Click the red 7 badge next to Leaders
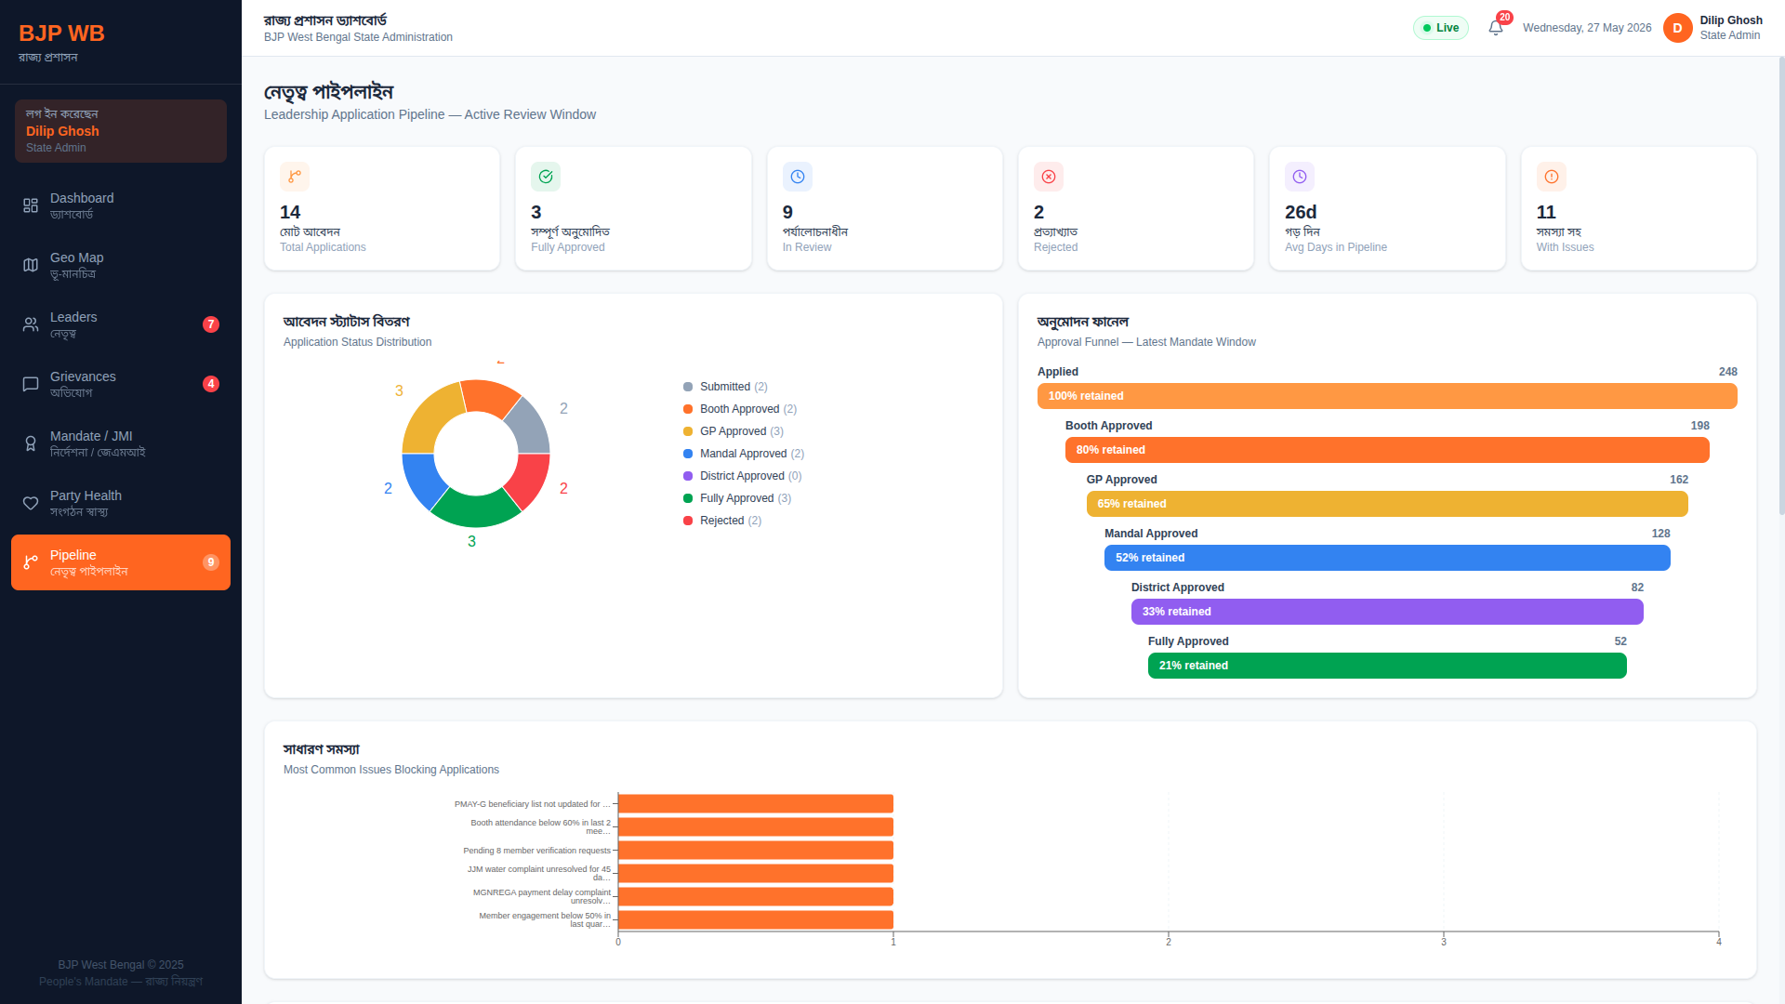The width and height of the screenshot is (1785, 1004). click(x=211, y=324)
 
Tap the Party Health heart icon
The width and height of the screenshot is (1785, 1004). click(x=31, y=503)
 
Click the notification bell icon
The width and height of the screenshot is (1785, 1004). click(x=1496, y=28)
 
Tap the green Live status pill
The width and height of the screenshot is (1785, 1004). click(x=1441, y=28)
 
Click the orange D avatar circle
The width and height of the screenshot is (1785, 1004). click(x=1677, y=28)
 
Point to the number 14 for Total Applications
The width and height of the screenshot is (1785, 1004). click(x=290, y=212)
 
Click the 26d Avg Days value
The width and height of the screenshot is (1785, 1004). click(x=1301, y=212)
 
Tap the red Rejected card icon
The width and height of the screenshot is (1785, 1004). click(x=1049, y=177)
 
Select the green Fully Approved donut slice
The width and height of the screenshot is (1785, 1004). click(x=475, y=509)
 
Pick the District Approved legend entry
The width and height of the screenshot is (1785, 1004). click(x=743, y=476)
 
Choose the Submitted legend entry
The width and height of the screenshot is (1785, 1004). click(x=725, y=387)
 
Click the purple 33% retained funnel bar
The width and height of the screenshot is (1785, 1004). click(x=1387, y=612)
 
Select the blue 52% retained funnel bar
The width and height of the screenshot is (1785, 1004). click(x=1387, y=558)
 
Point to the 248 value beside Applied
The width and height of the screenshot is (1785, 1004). click(x=1727, y=372)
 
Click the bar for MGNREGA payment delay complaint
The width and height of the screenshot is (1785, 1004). click(x=756, y=896)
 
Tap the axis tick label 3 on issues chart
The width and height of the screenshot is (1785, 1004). click(x=1444, y=942)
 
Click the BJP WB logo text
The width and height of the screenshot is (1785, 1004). click(x=61, y=33)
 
